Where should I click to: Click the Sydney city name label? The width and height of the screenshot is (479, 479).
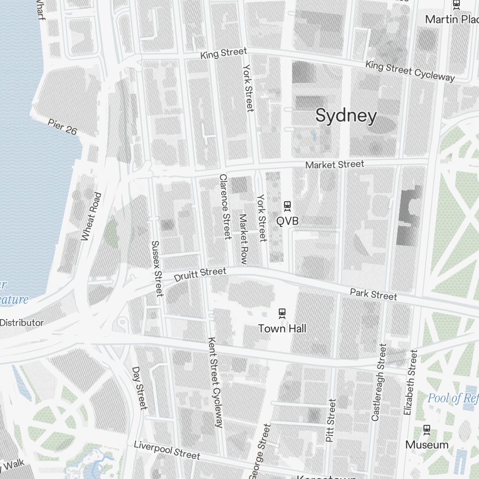pos(346,115)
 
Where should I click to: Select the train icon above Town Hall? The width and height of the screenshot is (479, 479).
pos(282,313)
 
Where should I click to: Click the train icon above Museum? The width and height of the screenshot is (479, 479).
pos(426,430)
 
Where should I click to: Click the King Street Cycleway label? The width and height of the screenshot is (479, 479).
pos(410,70)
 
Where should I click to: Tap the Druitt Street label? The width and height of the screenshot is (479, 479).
pos(200,274)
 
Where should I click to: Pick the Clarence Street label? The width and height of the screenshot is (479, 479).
pos(225,206)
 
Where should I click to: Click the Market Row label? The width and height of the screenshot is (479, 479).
pos(243,239)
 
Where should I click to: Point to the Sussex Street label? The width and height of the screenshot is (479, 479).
pos(157,268)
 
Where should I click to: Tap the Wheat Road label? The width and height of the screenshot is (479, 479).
pos(91,217)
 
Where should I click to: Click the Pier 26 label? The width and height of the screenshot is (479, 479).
pos(62,126)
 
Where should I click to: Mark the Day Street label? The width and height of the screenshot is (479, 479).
pos(139,388)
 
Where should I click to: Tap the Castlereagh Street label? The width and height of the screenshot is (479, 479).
pos(378,382)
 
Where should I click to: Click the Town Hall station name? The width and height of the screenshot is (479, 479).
pos(282,329)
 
